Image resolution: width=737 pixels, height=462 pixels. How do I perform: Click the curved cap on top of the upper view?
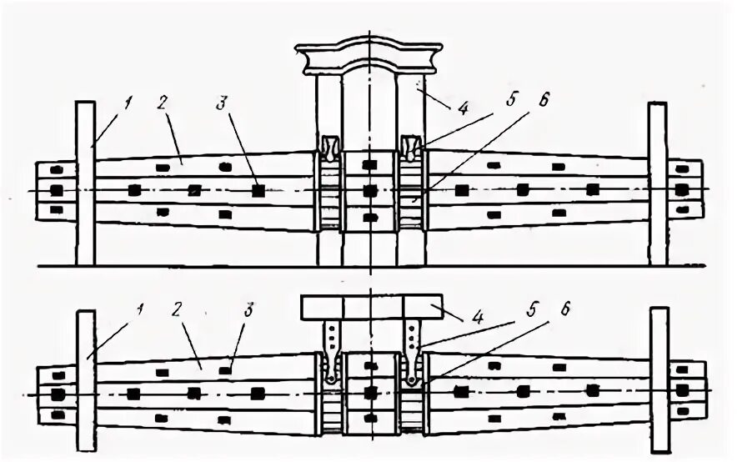point(369,58)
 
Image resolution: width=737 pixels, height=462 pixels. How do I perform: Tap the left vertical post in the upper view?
point(85,183)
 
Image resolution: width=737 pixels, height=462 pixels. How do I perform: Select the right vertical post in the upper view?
point(658,183)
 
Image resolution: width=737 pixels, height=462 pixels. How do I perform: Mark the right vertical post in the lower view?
point(659,379)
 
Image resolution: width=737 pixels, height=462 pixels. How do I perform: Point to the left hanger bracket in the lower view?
point(332,350)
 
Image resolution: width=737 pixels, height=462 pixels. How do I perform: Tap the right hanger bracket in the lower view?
point(410,350)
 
